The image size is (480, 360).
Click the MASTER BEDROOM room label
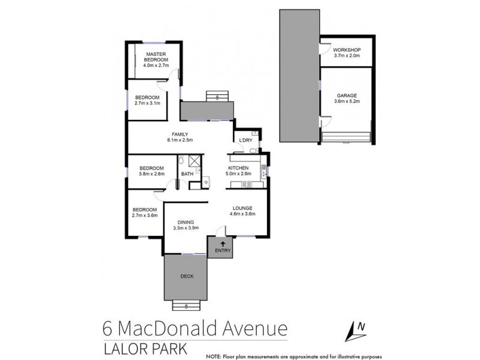point(157,57)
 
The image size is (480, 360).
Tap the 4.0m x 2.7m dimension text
point(157,66)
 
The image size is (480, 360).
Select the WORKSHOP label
point(346,49)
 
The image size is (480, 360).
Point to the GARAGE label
point(346,95)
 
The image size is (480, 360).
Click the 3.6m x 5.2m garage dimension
point(346,101)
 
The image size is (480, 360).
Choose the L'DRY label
point(245,140)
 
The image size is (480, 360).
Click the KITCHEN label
point(239,169)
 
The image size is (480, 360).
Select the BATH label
point(187,174)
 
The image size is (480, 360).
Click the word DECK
point(187,277)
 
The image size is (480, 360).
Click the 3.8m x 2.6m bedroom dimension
point(151,174)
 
